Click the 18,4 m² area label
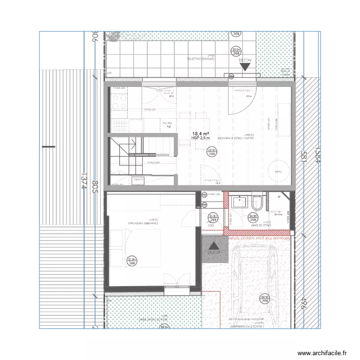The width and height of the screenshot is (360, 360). click(200, 134)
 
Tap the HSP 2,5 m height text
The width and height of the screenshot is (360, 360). click(200, 139)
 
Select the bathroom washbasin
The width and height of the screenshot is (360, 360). click(238, 201)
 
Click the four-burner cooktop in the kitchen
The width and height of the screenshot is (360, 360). click(119, 101)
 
